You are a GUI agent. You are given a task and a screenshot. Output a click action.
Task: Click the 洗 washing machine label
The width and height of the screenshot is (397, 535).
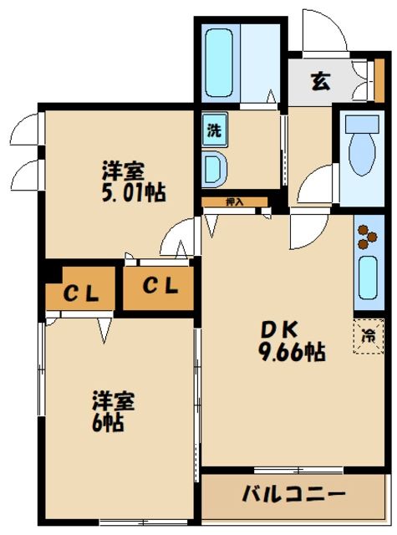(x=214, y=130)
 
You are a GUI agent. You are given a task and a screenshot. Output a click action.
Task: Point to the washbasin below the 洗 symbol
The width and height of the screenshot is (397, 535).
(x=214, y=168)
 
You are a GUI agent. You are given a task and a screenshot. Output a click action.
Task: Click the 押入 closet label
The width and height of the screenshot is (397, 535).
(x=235, y=201)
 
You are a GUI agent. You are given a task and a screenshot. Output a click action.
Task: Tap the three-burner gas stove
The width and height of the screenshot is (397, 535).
(x=365, y=237)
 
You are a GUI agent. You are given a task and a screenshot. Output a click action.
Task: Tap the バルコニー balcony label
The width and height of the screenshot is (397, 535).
(x=294, y=493)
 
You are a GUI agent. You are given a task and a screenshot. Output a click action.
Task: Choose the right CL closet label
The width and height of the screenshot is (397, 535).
(x=159, y=287)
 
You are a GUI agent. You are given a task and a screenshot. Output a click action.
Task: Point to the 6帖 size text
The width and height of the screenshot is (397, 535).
(x=108, y=422)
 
